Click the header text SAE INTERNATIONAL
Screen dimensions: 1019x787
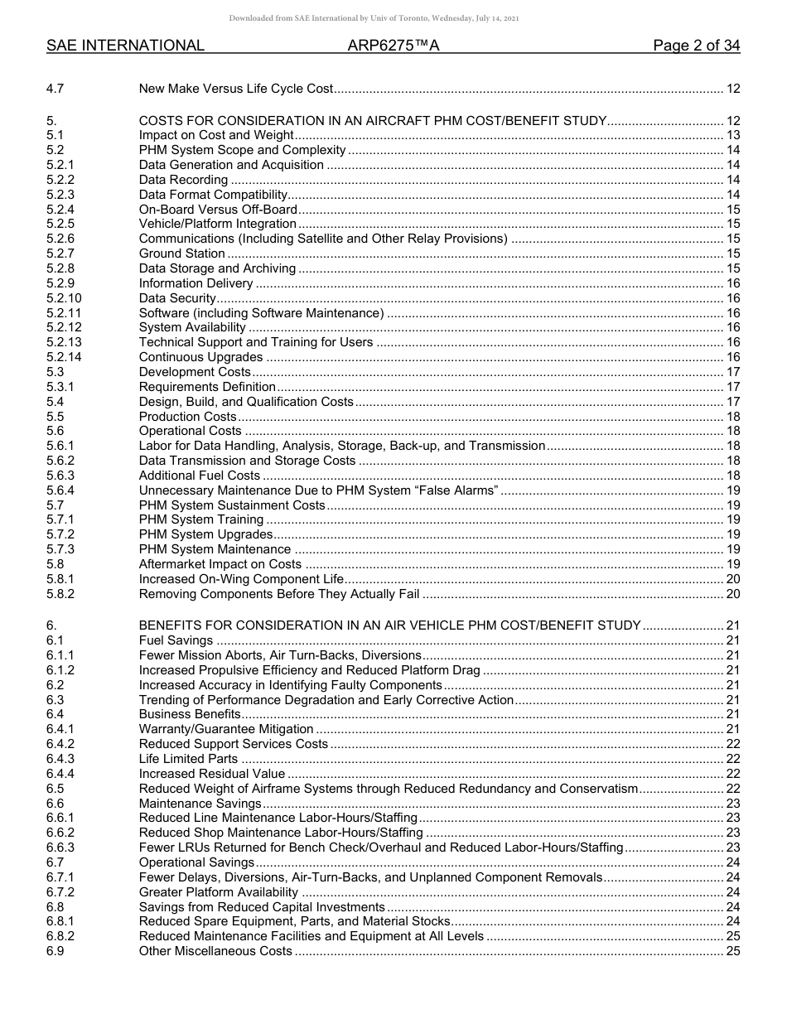click(x=125, y=46)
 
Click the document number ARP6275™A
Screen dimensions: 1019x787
click(x=393, y=46)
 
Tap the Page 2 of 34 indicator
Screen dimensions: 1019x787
click(x=696, y=46)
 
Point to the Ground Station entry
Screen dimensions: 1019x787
click(x=181, y=254)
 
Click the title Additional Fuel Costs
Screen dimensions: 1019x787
click(x=199, y=476)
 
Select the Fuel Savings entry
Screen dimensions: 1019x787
click(x=176, y=640)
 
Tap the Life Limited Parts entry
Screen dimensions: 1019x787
click(x=188, y=759)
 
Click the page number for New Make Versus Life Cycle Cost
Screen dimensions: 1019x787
click(x=732, y=89)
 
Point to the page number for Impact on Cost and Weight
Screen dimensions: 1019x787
click(x=732, y=135)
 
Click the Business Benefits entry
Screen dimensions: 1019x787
click(x=189, y=714)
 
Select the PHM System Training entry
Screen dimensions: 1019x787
click(x=201, y=519)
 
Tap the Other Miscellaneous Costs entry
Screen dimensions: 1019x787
click(x=215, y=951)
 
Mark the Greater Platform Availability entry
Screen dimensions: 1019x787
click(x=218, y=892)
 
